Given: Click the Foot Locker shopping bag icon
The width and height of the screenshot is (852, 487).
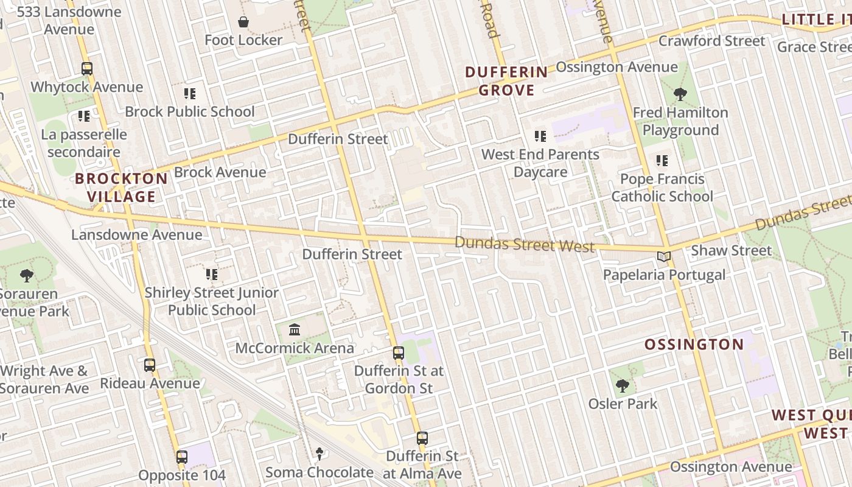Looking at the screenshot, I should pyautogui.click(x=243, y=23).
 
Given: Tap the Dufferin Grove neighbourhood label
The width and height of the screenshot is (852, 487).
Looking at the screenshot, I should pyautogui.click(x=506, y=81).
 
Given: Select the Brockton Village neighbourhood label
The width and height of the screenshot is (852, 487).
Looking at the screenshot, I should pyautogui.click(x=121, y=187).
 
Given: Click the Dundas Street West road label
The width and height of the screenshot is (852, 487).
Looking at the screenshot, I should pyautogui.click(x=524, y=244).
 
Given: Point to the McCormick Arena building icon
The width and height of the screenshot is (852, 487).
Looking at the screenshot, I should pyautogui.click(x=295, y=330).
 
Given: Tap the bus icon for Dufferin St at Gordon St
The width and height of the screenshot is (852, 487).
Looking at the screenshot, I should pyautogui.click(x=399, y=353).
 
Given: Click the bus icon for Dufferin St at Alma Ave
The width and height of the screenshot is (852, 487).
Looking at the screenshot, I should pyautogui.click(x=422, y=438).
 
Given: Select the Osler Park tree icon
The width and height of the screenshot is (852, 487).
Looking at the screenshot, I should pyautogui.click(x=622, y=386).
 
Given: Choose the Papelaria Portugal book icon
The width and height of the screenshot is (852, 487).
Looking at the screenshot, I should pyautogui.click(x=663, y=257).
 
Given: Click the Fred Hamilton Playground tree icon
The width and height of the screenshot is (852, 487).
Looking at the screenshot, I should pyautogui.click(x=680, y=94).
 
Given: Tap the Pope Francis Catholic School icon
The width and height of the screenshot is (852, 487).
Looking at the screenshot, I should pyautogui.click(x=662, y=161).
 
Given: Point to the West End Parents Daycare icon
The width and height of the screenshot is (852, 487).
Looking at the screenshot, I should pyautogui.click(x=540, y=136).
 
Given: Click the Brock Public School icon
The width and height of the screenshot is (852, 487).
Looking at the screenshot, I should pyautogui.click(x=190, y=94).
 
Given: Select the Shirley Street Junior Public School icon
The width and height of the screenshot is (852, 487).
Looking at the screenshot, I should pyautogui.click(x=211, y=275).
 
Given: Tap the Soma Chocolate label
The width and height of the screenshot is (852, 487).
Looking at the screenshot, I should pyautogui.click(x=319, y=472).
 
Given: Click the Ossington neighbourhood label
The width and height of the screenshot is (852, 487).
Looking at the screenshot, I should pyautogui.click(x=694, y=345).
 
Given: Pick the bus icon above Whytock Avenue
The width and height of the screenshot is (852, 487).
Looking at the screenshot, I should pyautogui.click(x=87, y=69).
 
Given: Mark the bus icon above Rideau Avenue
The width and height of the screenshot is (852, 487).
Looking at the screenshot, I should pyautogui.click(x=150, y=365).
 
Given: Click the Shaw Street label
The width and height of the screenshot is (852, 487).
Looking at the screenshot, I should pyautogui.click(x=731, y=250).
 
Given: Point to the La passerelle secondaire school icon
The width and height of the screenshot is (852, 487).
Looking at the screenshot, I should pyautogui.click(x=84, y=116).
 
